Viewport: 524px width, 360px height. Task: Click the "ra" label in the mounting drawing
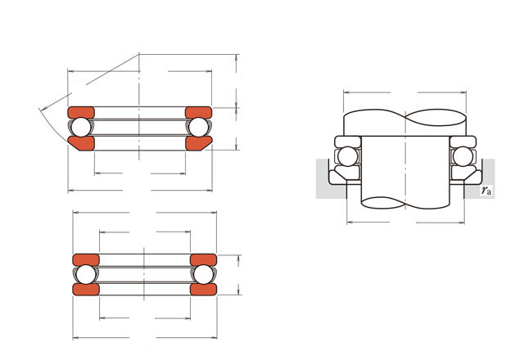tap(486, 191)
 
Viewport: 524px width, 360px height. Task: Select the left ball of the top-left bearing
tap(81, 127)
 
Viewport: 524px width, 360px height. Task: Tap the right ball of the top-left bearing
tap(198, 127)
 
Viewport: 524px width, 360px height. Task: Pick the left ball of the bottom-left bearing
tap(86, 274)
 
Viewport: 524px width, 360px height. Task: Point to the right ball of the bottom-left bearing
tap(204, 274)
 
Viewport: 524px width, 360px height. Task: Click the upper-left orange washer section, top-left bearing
tap(81, 113)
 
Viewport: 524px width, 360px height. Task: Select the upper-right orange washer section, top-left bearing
tap(198, 113)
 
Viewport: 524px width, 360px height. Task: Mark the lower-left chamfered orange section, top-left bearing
tap(82, 143)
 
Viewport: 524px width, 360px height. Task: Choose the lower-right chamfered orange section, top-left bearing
tap(198, 143)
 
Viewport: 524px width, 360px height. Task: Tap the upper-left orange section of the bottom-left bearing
tap(86, 260)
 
